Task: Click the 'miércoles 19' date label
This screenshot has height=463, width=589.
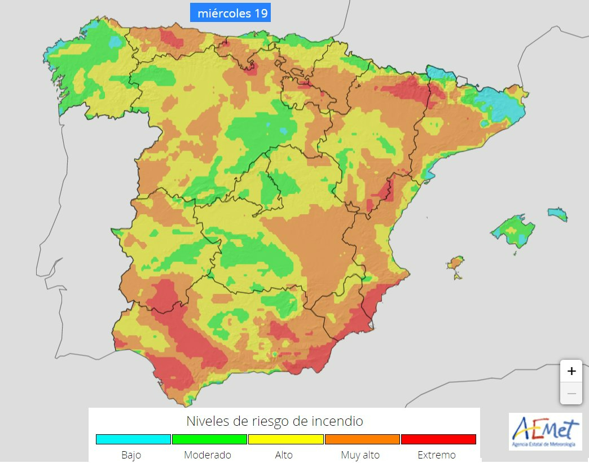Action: coord(230,13)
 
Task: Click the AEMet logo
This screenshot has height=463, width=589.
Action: coord(545,432)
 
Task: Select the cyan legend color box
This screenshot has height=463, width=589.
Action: coord(133,439)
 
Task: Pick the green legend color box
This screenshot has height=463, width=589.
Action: coord(209,439)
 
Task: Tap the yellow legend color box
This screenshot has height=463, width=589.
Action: coord(286,439)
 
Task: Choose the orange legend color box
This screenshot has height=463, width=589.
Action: coord(362,439)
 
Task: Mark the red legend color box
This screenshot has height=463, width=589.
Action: coord(438,439)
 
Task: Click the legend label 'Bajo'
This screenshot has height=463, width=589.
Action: coord(131,455)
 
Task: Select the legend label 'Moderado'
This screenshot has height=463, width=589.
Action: coord(208,455)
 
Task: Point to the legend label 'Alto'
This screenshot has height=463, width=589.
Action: coord(284,455)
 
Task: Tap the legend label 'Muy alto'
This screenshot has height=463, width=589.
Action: coord(361,455)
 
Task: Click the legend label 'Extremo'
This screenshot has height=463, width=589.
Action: coord(437,455)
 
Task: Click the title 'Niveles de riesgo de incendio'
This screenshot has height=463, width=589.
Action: coord(274,421)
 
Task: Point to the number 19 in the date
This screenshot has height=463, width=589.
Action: coord(261,13)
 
